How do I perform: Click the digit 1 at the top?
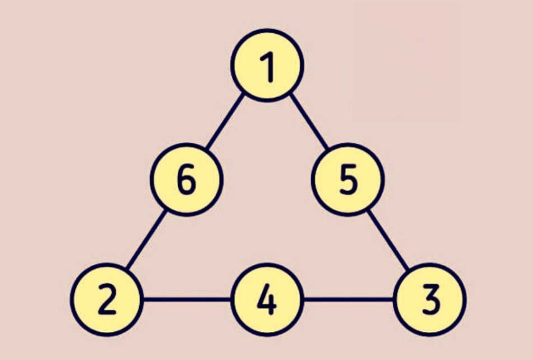click(x=269, y=67)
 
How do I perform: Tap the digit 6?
click(x=187, y=179)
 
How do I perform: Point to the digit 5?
click(x=348, y=179)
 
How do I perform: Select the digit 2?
click(x=107, y=299)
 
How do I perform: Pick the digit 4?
click(x=267, y=299)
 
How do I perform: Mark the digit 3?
click(x=431, y=299)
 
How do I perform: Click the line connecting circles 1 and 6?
click(x=225, y=121)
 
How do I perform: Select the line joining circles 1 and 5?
click(x=309, y=121)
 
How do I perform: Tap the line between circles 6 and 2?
click(x=146, y=240)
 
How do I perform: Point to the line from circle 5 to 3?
click(x=388, y=241)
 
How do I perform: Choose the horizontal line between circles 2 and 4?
click(x=187, y=299)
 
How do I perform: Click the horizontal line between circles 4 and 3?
click(x=348, y=299)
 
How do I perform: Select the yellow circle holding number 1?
click(x=267, y=65)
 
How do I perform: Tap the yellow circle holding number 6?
click(x=187, y=179)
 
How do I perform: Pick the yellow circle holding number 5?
click(x=348, y=179)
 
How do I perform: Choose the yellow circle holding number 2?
click(x=107, y=299)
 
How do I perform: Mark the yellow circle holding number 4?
click(x=267, y=299)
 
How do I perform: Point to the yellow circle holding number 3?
click(x=430, y=299)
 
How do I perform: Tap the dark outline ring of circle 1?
click(x=267, y=31)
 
